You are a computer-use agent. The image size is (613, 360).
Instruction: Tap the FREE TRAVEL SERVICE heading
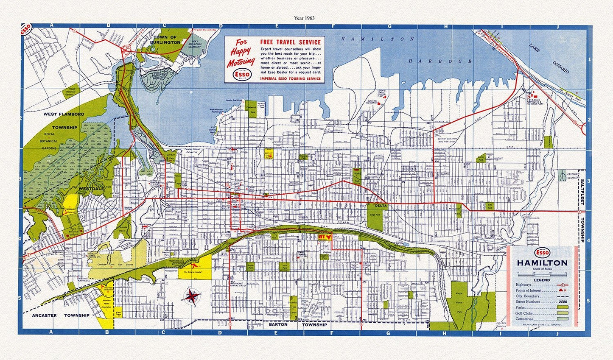pos(291,42)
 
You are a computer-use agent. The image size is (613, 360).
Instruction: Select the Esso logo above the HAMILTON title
pos(542,253)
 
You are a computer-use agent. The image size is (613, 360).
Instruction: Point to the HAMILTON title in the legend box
pos(542,263)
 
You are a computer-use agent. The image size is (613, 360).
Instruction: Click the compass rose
pos(192,296)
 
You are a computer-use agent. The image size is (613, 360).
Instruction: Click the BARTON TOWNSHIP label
pos(298,325)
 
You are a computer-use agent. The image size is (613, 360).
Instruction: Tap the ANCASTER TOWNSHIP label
pos(61,315)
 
